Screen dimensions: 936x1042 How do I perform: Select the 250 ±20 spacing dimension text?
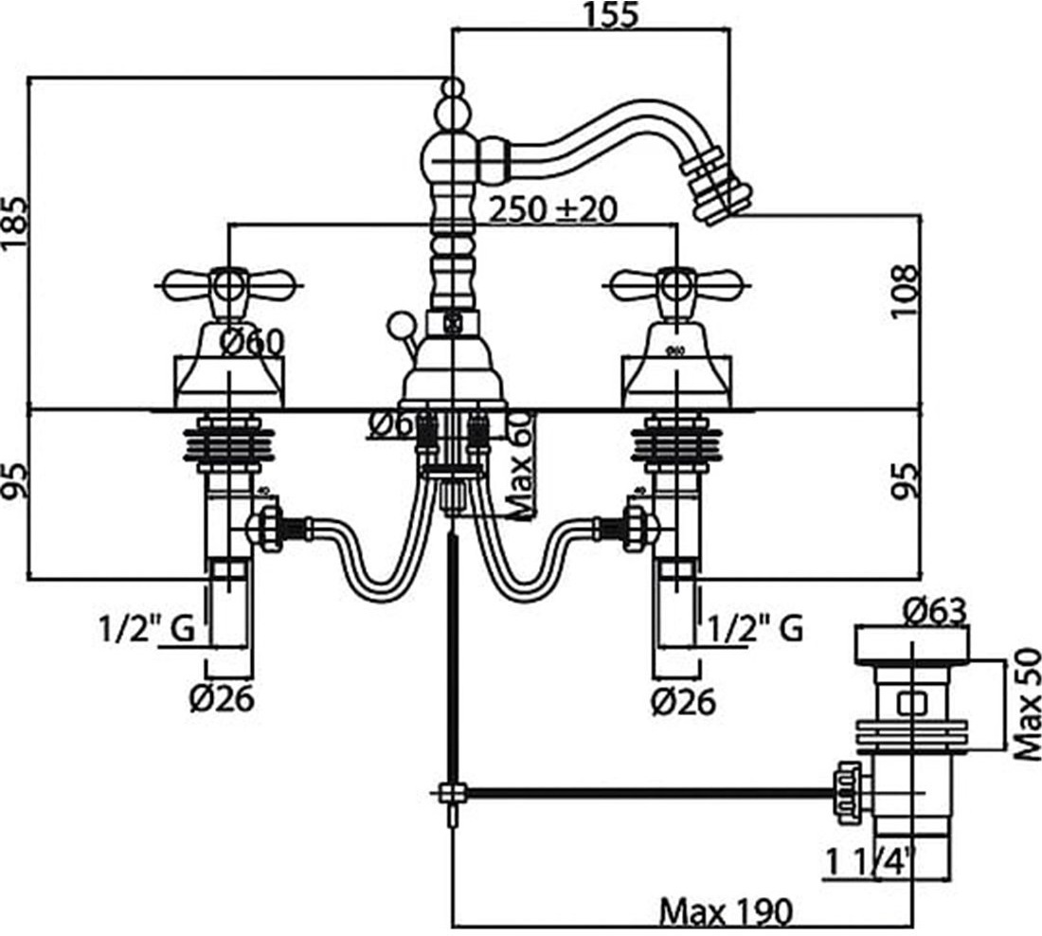552,209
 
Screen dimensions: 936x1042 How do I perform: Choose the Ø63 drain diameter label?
933,611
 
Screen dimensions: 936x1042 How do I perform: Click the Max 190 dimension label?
725,912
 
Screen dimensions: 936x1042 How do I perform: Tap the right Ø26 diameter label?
683,701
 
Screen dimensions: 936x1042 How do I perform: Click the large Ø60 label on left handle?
252,342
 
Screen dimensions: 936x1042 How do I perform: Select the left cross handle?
227,282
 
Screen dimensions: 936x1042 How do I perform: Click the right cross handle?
674,282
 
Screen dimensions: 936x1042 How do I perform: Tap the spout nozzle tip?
724,197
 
